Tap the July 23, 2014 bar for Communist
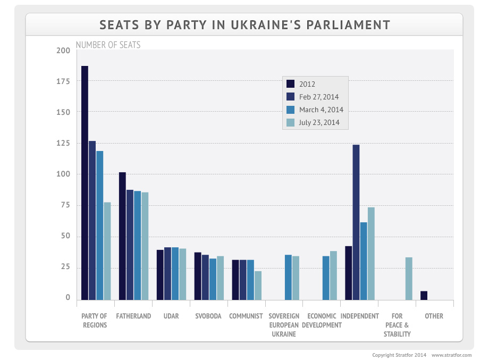(258, 286)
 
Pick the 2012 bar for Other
(424, 296)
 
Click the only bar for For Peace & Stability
(409, 279)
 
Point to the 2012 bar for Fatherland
(122, 236)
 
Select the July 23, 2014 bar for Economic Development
(333, 275)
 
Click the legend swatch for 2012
(290, 84)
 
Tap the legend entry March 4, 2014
(321, 110)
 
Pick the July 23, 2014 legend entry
(319, 123)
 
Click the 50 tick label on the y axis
(65, 236)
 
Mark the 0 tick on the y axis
(68, 298)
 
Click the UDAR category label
(171, 316)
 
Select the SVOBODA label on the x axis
(208, 316)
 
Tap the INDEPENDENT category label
(359, 316)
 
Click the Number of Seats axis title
(108, 45)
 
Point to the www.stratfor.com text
(451, 355)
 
